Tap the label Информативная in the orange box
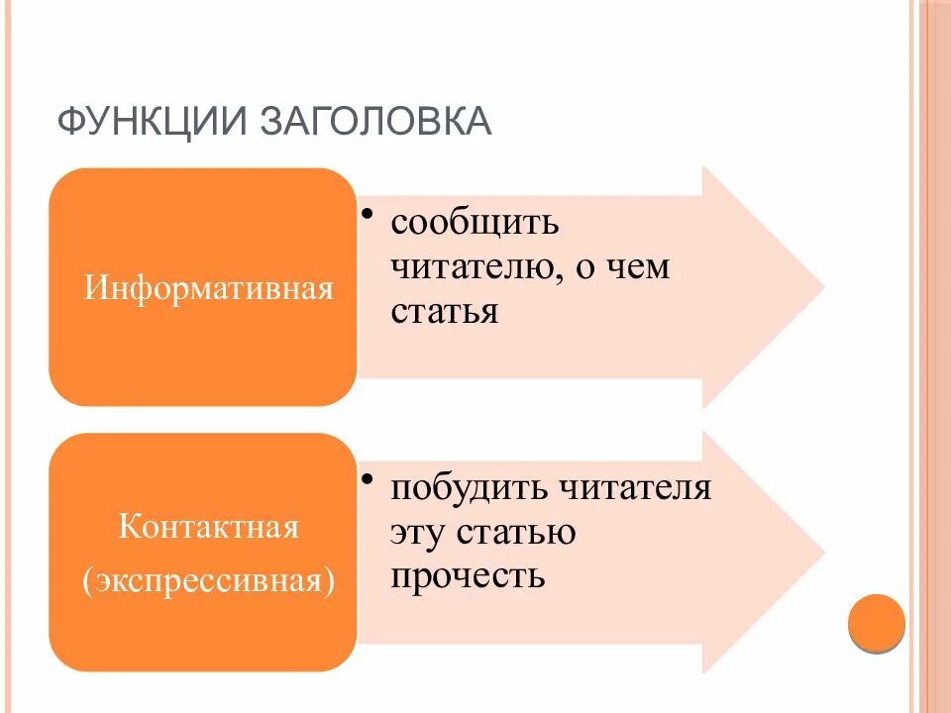point(207,289)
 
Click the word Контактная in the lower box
point(208,525)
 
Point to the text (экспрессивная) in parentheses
point(208,578)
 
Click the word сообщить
point(475,222)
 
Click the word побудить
point(468,487)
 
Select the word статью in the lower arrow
point(516,532)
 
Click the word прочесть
point(468,575)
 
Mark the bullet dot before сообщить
point(367,214)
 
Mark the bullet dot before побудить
point(367,479)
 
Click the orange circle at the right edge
point(878,622)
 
